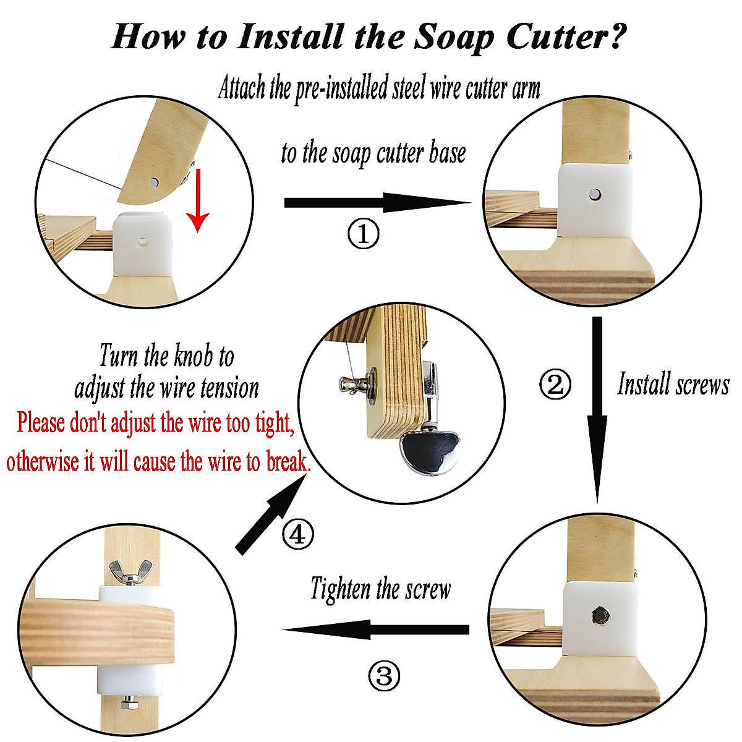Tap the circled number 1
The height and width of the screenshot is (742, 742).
coord(363,234)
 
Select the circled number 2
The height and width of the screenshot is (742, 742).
coord(555,384)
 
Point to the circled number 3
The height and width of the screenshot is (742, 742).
coord(384,676)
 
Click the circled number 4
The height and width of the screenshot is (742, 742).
coord(297,535)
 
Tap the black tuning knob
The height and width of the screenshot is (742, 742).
coord(430,451)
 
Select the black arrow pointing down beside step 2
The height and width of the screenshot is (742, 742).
coord(597,410)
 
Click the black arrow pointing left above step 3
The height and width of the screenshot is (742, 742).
coord(375,629)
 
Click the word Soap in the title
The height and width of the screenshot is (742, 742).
coord(454,37)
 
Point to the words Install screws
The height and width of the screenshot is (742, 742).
coord(673,384)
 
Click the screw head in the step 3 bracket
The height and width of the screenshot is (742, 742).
coord(600,616)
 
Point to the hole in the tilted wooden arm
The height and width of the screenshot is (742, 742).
coord(154,182)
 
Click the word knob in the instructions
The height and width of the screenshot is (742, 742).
coord(194,356)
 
